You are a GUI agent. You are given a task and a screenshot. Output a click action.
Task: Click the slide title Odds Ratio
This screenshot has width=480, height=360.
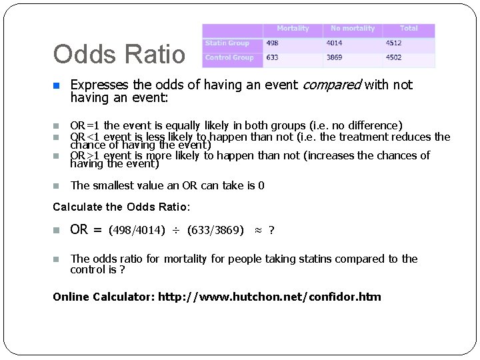pos(119,55)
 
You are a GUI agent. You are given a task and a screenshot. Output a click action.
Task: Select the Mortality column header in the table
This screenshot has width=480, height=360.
pos(293,29)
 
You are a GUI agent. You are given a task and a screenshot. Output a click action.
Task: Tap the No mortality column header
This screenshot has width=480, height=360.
pos(353,29)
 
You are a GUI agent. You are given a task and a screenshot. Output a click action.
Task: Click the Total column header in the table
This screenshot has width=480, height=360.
pos(409,29)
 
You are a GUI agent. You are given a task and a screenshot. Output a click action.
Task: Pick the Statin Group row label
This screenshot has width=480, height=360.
pos(227,43)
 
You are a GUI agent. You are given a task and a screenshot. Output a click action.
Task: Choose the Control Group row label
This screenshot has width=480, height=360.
pos(229,58)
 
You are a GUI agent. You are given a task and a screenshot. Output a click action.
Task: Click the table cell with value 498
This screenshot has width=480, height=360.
pos(272,43)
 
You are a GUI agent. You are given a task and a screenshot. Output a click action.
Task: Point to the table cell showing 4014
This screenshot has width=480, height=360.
pos(334,43)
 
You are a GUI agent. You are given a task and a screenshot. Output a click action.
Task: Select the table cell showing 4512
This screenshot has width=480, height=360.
pos(393,43)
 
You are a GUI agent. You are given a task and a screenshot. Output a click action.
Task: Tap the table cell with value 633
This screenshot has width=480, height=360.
pos(272,58)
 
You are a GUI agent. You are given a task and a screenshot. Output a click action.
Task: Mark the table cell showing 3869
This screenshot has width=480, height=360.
pos(334,58)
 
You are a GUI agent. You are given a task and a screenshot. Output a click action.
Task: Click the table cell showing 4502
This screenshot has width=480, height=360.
pos(393,58)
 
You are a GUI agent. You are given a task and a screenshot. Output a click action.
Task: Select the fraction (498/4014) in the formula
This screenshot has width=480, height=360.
pos(137,231)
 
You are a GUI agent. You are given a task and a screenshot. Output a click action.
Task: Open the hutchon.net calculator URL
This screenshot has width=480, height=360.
pos(269,297)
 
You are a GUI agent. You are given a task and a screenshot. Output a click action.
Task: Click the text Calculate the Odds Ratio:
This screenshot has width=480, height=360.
pos(121,207)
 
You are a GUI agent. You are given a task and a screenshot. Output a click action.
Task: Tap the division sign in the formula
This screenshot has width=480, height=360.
pos(176,231)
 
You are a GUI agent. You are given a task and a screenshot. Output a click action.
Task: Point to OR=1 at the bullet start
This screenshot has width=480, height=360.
pos(85,125)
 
